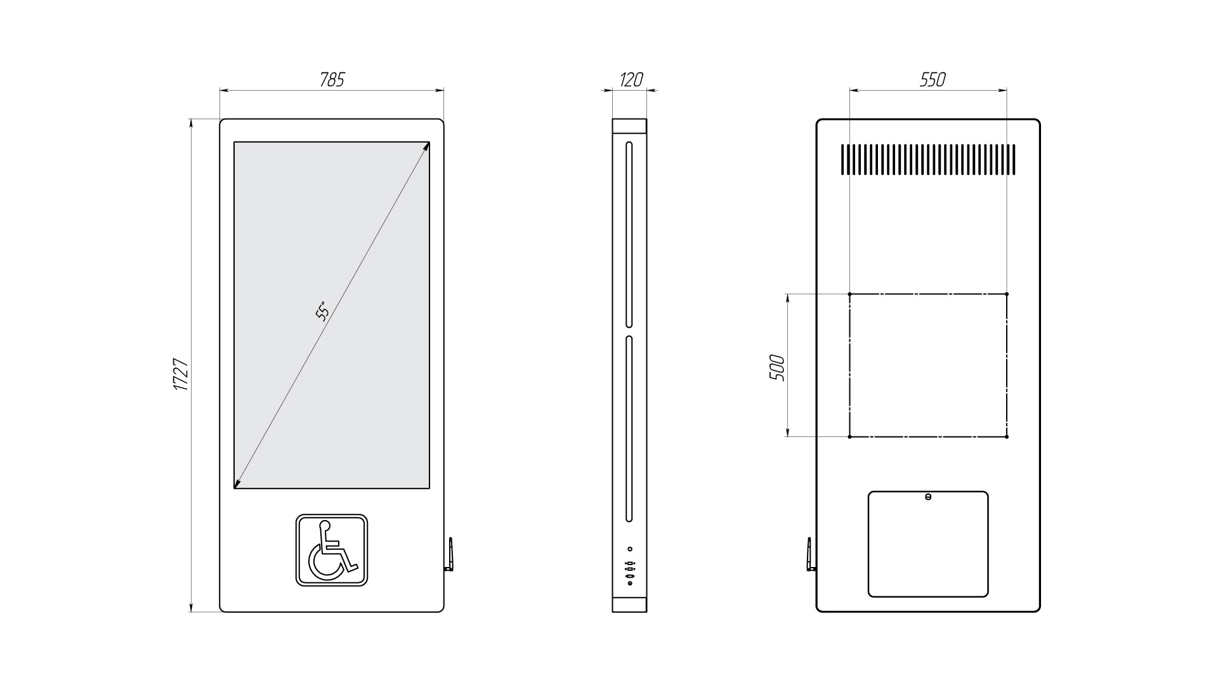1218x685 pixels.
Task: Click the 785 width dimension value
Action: pos(332,79)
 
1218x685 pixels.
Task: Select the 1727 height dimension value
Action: pos(181,374)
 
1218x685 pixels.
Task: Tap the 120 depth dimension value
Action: pos(631,79)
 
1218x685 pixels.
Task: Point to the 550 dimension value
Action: pos(933,79)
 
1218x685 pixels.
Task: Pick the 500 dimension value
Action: pos(777,368)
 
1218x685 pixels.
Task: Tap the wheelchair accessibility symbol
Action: pos(332,550)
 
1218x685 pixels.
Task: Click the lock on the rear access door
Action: pos(928,497)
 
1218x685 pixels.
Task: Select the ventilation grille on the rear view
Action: pos(929,159)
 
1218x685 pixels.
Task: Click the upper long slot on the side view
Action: pos(629,234)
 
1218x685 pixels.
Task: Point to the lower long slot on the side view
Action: pos(629,429)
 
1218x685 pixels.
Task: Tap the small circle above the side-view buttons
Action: pos(630,549)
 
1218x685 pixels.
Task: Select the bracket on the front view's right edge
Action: pos(450,555)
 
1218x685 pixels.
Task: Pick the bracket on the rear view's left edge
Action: pos(810,555)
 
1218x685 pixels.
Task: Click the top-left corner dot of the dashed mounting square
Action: pos(849,294)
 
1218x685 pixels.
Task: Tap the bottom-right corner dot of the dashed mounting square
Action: pos(1007,436)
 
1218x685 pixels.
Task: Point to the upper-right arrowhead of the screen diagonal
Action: pos(428,145)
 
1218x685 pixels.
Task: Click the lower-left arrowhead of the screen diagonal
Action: pos(237,485)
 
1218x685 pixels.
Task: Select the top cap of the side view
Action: pos(629,126)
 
